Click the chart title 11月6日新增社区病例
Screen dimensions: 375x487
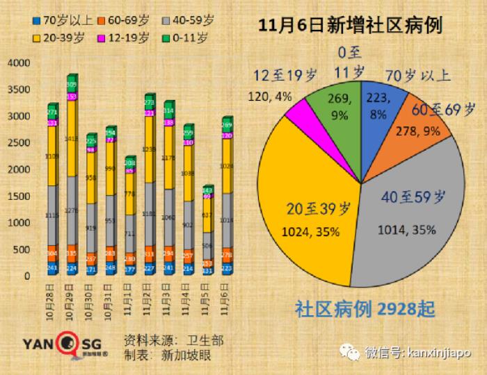coord(351,26)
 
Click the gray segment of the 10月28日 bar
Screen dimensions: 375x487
coord(52,215)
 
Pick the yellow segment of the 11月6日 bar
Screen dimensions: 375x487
coord(227,167)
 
